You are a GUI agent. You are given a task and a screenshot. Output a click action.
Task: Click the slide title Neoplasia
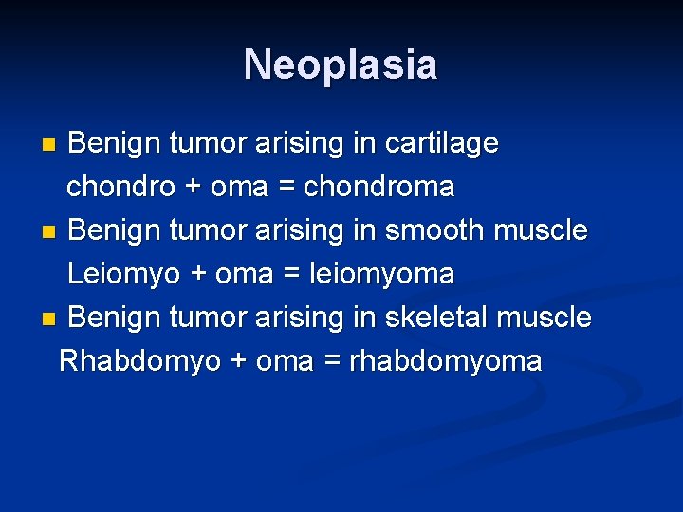pos(341,65)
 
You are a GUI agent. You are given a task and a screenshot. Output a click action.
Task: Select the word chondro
pos(120,188)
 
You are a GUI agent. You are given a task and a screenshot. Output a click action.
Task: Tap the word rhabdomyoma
pos(446,362)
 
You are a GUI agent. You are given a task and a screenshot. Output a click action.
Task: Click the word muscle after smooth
pos(541,231)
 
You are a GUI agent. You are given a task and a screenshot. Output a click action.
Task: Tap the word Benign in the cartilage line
pos(114,144)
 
